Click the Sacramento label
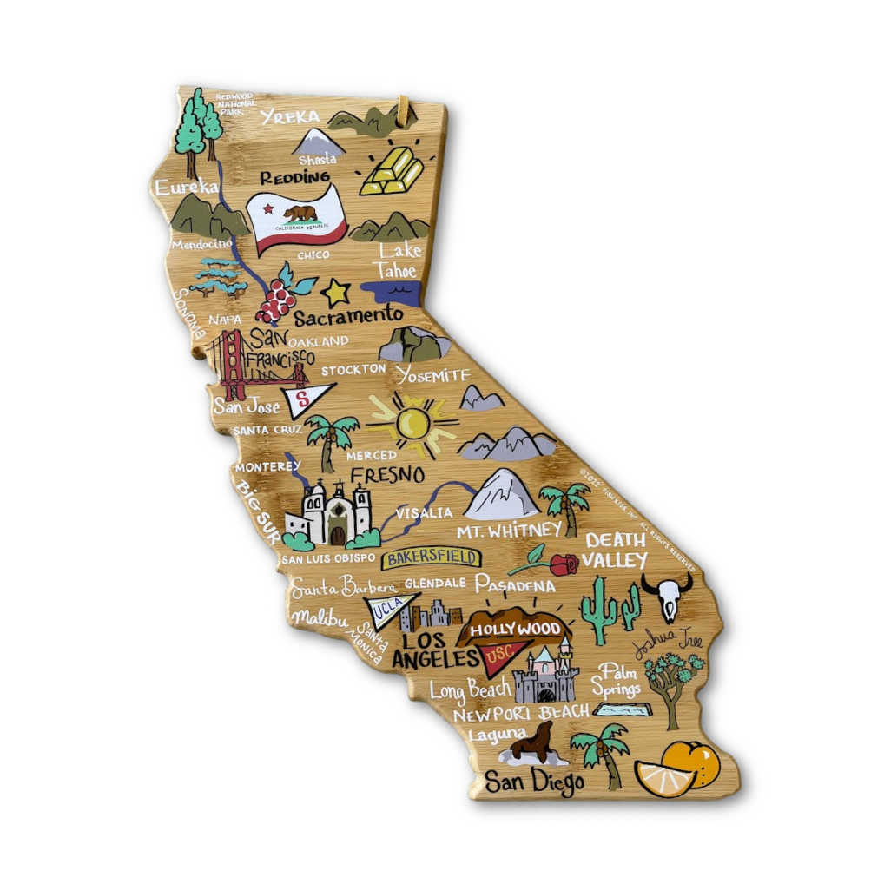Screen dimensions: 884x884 point(348,315)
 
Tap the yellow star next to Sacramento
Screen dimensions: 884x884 point(335,293)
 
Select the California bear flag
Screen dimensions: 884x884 point(296,218)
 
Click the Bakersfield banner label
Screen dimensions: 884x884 point(430,557)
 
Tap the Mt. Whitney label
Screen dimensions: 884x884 point(509,530)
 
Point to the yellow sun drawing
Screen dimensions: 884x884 point(412,424)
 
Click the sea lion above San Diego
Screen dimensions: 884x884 point(531,746)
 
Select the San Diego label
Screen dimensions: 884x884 point(533,782)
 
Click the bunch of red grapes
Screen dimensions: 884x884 point(275,300)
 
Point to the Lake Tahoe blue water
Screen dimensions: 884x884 point(391,292)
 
